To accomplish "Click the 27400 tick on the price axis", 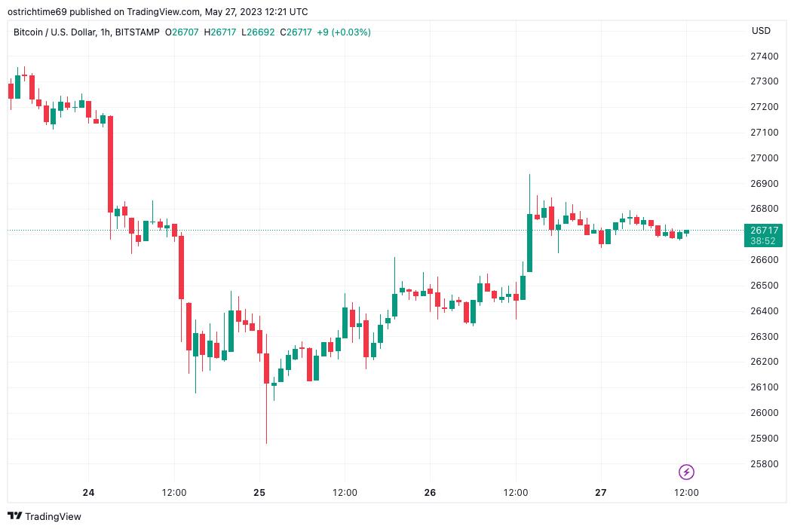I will pyautogui.click(x=764, y=57).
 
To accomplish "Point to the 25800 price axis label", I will pyautogui.click(x=764, y=463).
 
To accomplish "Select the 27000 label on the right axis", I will pyautogui.click(x=764, y=158).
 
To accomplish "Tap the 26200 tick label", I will pyautogui.click(x=764, y=362).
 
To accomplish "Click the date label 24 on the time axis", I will pyautogui.click(x=89, y=493).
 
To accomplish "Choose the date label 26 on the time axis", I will pyautogui.click(x=430, y=493).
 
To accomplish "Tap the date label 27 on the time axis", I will pyautogui.click(x=600, y=493).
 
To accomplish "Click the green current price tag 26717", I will pyautogui.click(x=764, y=230).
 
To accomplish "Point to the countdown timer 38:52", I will pyautogui.click(x=764, y=241).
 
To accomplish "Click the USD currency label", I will pyautogui.click(x=761, y=31).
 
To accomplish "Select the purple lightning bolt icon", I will pyautogui.click(x=686, y=472).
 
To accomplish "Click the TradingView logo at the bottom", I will pyautogui.click(x=44, y=516).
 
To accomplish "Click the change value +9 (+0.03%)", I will pyautogui.click(x=344, y=32).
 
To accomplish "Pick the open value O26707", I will pyautogui.click(x=183, y=32).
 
